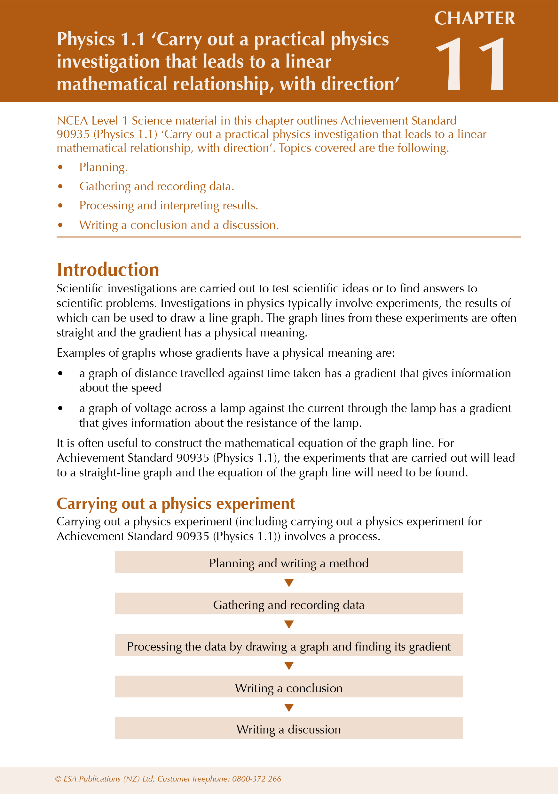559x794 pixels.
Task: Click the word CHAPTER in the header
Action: pos(474,18)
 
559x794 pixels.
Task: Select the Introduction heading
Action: pos(108,270)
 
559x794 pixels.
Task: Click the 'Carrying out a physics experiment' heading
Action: pos(176,504)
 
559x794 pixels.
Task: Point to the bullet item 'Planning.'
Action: pos(103,167)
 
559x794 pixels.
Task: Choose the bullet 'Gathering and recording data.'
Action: pos(156,186)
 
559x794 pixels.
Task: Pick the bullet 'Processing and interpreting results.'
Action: pos(169,206)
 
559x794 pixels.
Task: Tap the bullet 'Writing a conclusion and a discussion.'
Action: pos(179,225)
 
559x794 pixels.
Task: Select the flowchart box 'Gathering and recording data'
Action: pos(288,604)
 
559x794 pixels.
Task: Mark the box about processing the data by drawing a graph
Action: pos(288,646)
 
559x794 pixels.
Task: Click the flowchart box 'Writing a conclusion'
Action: pos(288,687)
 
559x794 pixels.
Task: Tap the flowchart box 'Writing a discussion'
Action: pos(288,729)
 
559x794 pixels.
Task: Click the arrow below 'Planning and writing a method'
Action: pos(289,583)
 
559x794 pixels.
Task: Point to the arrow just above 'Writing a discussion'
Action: pos(289,707)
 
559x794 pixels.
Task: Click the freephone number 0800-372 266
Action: pos(256,778)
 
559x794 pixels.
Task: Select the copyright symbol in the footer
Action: pos(58,779)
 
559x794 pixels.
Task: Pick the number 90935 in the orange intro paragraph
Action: pos(73,134)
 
